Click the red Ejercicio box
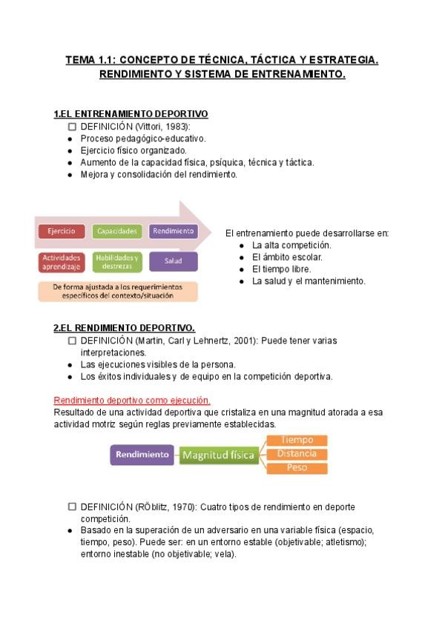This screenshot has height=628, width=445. click(62, 231)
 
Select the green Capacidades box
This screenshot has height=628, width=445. click(117, 231)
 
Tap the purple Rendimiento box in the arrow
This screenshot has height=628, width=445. click(174, 231)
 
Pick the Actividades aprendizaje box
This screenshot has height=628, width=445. click(62, 261)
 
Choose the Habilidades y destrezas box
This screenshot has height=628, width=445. click(117, 261)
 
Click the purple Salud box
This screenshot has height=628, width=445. click(174, 261)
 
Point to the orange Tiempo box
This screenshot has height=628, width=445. click(297, 440)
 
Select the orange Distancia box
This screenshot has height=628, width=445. click(297, 453)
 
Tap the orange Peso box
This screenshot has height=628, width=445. click(297, 467)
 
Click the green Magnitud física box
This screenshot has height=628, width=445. click(220, 454)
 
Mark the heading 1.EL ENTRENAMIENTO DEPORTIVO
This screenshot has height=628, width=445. click(131, 114)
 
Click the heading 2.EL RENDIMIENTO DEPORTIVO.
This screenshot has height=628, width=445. click(124, 327)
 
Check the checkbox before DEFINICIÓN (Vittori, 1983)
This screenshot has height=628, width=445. click(72, 127)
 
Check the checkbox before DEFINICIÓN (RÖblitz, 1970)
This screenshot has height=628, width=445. click(72, 507)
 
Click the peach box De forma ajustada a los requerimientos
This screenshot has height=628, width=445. click(118, 290)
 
